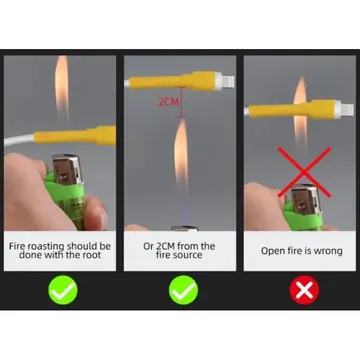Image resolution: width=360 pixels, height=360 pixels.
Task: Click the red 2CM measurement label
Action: click(168, 102)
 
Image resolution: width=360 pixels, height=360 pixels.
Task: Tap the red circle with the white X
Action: click(304, 290)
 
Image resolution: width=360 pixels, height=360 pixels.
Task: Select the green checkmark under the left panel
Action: click(63, 290)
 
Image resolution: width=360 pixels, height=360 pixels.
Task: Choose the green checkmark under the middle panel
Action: click(183, 290)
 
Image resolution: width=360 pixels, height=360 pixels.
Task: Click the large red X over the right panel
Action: click(304, 172)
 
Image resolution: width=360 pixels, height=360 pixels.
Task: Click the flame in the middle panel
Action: click(181, 154)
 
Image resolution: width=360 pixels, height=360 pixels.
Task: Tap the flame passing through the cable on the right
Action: click(300, 112)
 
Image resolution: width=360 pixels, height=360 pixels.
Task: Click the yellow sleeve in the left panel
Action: click(75, 136)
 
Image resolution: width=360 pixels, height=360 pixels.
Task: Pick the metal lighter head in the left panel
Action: click(67, 169)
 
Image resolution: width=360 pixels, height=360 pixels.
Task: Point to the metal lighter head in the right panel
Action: click(306, 200)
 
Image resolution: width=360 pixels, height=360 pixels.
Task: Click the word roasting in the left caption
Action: click(46, 246)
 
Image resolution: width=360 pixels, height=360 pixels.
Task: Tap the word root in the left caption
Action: click(91, 255)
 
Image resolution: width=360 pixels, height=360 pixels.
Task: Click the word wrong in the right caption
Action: click(327, 251)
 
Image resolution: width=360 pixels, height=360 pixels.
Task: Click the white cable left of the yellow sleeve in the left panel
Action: click(19, 139)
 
